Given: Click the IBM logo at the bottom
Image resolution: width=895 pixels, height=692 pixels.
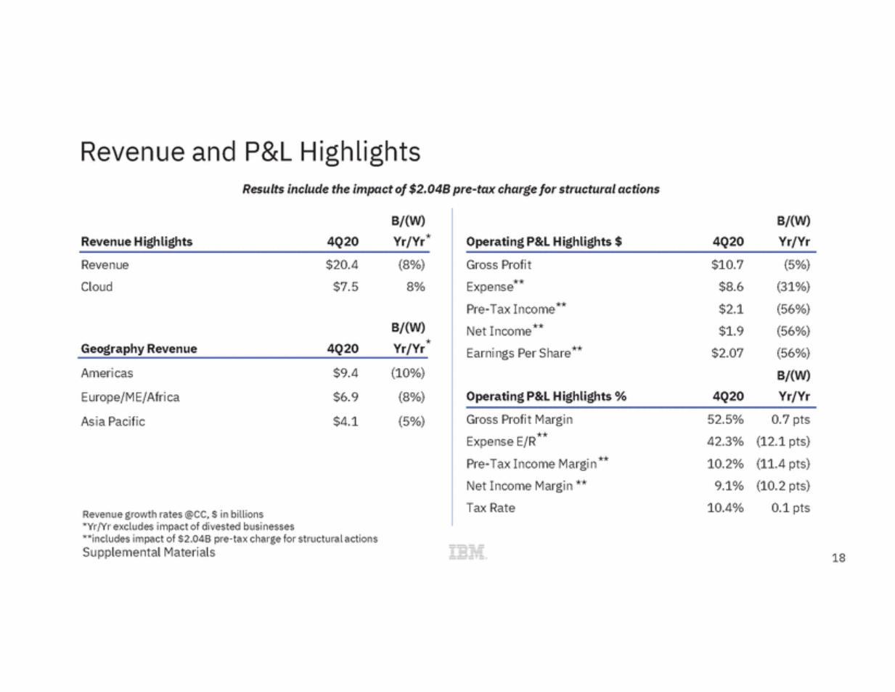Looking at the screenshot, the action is (x=467, y=552).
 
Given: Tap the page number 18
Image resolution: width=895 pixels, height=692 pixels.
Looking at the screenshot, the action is (x=838, y=558).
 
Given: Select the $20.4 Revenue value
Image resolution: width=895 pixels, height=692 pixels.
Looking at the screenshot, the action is (x=341, y=264).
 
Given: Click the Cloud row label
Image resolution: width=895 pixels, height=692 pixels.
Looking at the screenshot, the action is (x=97, y=287).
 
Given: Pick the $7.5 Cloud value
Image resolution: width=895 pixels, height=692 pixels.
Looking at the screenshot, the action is (x=346, y=287).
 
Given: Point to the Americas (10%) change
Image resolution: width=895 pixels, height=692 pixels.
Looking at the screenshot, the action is (x=408, y=373).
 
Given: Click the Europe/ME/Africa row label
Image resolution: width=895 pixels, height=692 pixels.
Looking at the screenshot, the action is (x=130, y=397).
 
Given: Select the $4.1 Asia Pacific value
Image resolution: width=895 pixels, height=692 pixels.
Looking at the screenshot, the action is (x=346, y=421).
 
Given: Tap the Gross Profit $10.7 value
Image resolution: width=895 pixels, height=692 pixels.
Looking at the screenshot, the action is (x=727, y=264).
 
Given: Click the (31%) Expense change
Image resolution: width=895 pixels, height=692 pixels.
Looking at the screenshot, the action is (x=793, y=287).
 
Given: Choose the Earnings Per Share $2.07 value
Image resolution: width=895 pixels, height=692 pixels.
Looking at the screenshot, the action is (x=727, y=353).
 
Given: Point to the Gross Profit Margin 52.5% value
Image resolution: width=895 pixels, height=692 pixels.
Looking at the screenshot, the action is (x=725, y=419).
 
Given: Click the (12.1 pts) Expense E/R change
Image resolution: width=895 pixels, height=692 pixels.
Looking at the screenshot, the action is (x=783, y=441).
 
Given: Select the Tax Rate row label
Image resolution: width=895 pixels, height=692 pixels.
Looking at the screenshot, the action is (x=491, y=508).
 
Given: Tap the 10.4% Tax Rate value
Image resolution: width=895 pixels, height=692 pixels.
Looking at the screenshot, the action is (x=725, y=508).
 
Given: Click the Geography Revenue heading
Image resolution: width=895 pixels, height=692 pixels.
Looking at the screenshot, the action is (x=139, y=349).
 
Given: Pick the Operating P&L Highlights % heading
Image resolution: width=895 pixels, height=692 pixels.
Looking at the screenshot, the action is (x=546, y=396).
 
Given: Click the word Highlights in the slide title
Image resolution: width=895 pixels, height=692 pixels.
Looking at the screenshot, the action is (x=359, y=152).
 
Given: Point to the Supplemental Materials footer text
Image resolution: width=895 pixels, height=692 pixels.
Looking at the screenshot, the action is (x=149, y=553).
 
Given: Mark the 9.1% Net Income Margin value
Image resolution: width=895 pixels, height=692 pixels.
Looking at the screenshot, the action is (x=729, y=486).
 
